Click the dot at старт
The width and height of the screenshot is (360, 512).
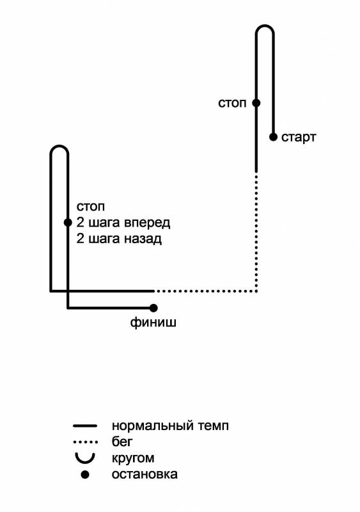(x=273, y=137)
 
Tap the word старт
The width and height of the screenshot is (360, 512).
(x=299, y=138)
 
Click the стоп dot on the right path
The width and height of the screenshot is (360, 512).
(x=256, y=103)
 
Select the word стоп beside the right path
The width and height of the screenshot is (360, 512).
(x=232, y=103)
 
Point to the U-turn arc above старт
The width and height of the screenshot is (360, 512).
(x=265, y=26)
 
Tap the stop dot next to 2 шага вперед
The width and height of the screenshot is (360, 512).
(x=68, y=223)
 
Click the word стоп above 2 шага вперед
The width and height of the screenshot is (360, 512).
(x=90, y=207)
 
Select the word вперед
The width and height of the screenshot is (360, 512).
(x=147, y=223)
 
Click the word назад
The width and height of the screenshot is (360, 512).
(x=143, y=239)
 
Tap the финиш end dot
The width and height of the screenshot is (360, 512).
(x=153, y=308)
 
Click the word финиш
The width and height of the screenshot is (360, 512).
(x=153, y=323)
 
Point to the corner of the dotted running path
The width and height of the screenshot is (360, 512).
(x=256, y=291)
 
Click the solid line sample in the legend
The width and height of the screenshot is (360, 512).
(x=85, y=426)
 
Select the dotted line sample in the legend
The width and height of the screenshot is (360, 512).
(x=86, y=442)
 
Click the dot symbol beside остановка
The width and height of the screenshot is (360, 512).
(x=85, y=474)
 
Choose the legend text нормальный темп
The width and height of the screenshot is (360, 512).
(x=170, y=426)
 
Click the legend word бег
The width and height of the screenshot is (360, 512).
(x=122, y=442)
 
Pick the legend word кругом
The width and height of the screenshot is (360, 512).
(x=133, y=458)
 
